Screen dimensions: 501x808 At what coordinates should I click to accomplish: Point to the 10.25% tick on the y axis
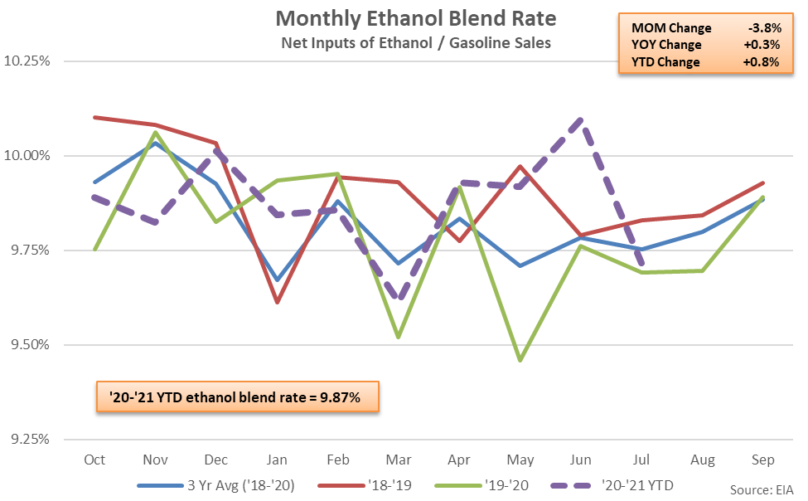pyautogui.click(x=28, y=61)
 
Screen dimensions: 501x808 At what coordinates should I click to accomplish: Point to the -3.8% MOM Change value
pyautogui.click(x=761, y=28)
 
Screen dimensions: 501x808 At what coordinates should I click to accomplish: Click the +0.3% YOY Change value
pyautogui.click(x=761, y=45)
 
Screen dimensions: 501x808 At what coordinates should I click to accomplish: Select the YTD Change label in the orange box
pyautogui.click(x=665, y=62)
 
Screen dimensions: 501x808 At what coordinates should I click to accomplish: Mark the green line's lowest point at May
pyautogui.click(x=520, y=361)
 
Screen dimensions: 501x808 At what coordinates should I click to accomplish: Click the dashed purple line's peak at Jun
pyautogui.click(x=580, y=119)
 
